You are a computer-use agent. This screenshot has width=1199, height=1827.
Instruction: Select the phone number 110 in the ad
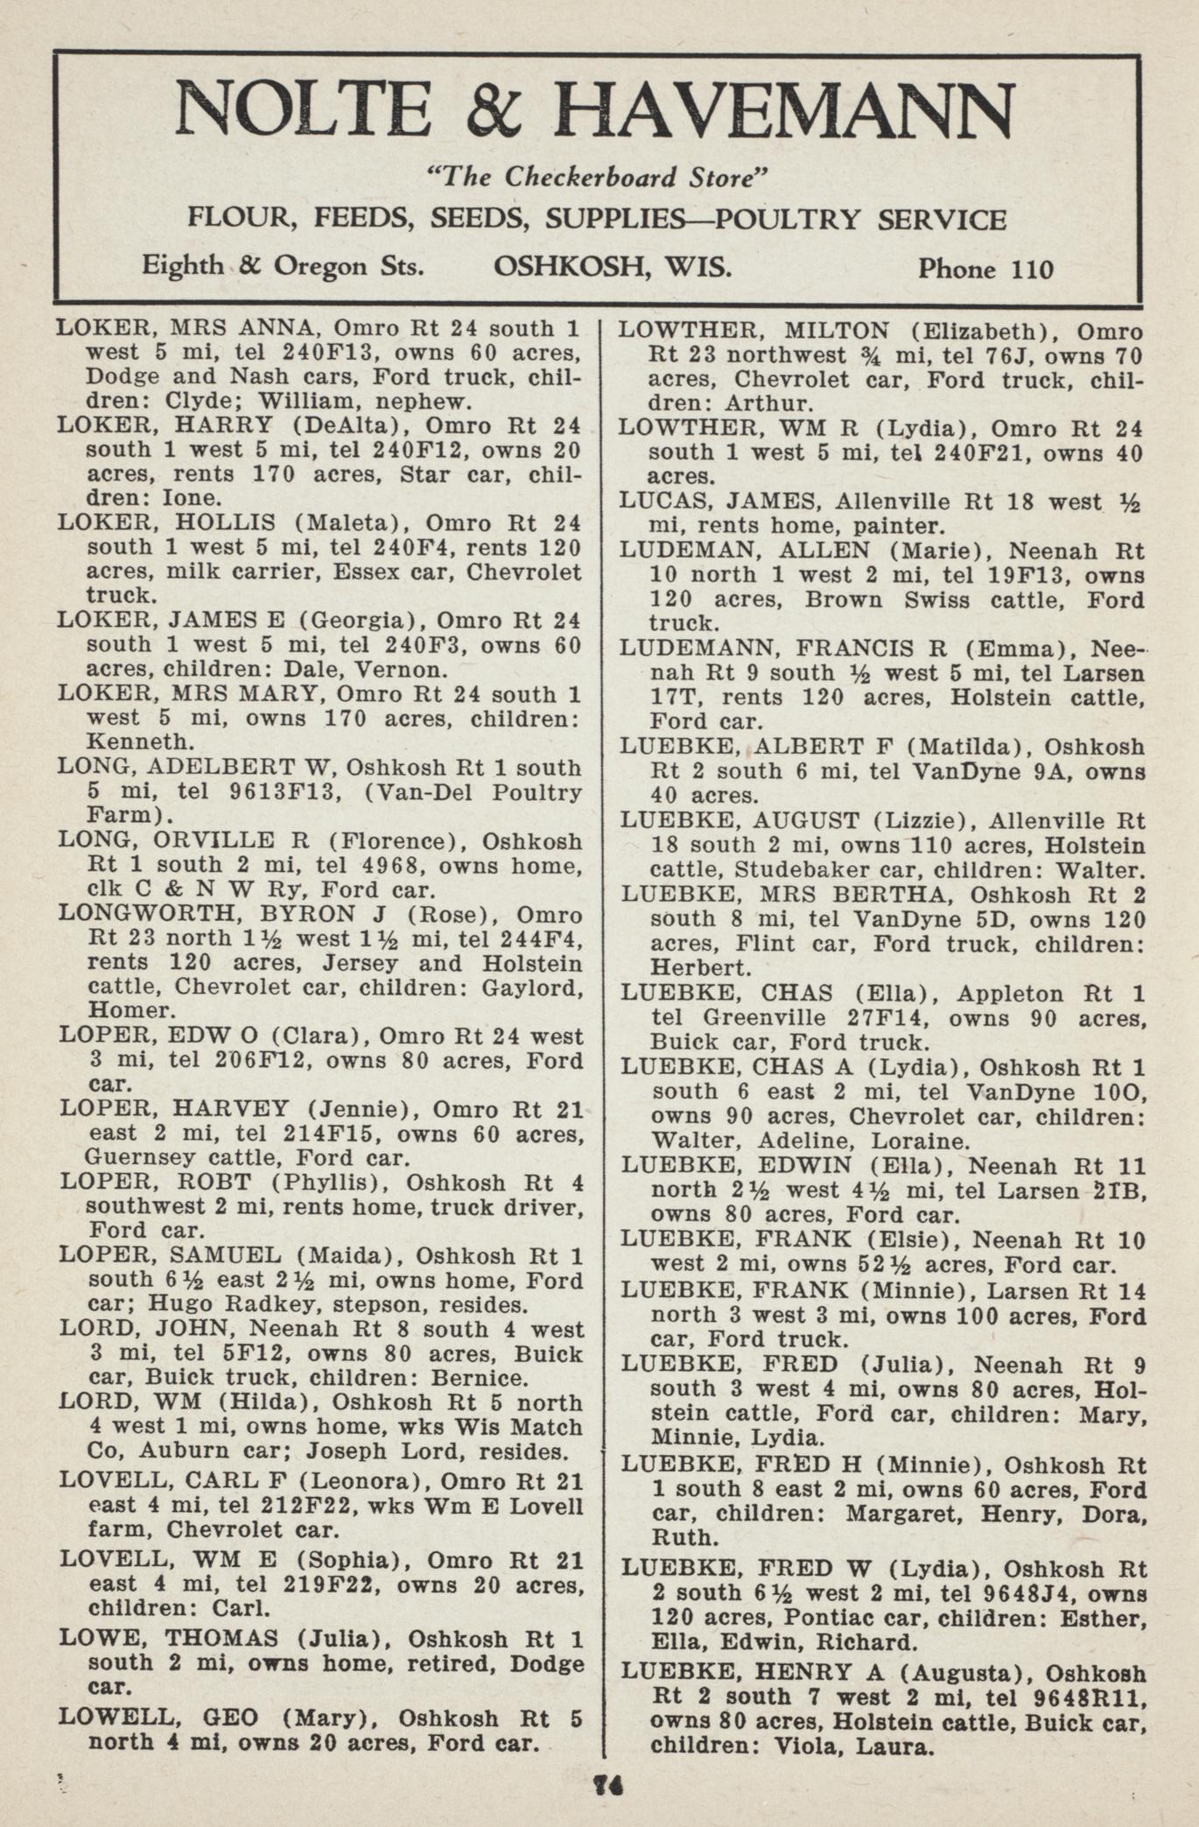point(1032,269)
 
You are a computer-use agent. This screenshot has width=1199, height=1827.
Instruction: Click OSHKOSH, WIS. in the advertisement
point(613,266)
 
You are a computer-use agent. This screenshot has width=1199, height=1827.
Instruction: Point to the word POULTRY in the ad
point(788,219)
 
